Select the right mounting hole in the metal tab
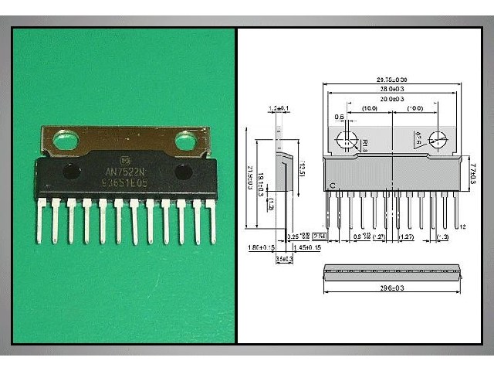185,141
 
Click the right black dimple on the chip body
183,172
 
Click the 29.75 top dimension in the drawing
392,80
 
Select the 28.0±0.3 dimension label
392,90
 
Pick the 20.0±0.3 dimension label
392,99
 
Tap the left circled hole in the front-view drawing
347,140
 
